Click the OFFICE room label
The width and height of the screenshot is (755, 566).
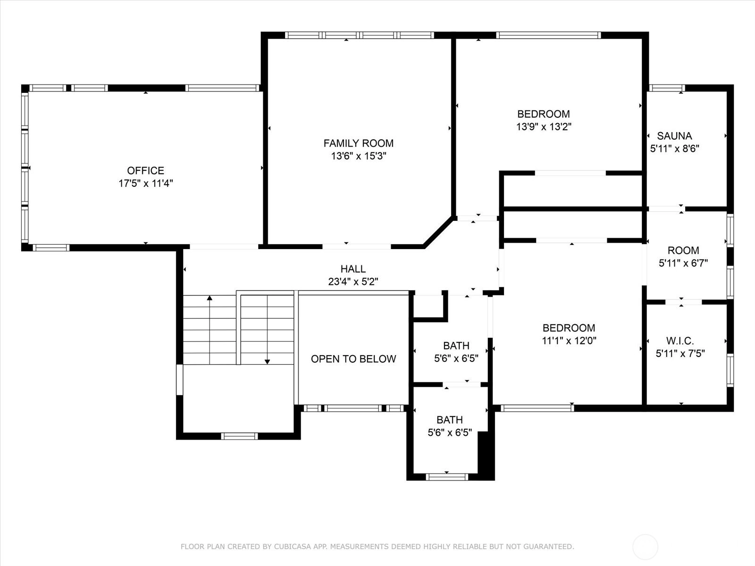145,170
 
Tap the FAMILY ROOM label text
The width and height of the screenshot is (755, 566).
359,143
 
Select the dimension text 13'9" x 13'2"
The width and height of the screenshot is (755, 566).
544,126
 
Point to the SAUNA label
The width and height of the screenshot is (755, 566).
674,136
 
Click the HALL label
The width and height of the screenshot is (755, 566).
353,269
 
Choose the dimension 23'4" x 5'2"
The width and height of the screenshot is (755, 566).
353,282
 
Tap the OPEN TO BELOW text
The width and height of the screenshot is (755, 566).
353,359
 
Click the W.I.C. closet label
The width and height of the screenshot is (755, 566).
680,341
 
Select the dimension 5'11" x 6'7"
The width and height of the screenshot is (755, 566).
683,263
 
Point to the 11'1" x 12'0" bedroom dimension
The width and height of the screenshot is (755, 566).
569,341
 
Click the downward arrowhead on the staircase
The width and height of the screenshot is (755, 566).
267,361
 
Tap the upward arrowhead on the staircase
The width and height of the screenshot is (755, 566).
210,298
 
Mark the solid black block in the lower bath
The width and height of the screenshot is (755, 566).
486,455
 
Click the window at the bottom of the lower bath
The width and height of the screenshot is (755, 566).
447,477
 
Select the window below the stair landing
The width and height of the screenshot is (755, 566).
239,436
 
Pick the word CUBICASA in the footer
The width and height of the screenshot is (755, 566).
291,546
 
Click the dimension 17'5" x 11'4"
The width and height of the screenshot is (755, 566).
145,183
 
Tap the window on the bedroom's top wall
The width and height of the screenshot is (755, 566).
548,35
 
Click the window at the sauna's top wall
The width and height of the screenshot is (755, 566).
667,88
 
